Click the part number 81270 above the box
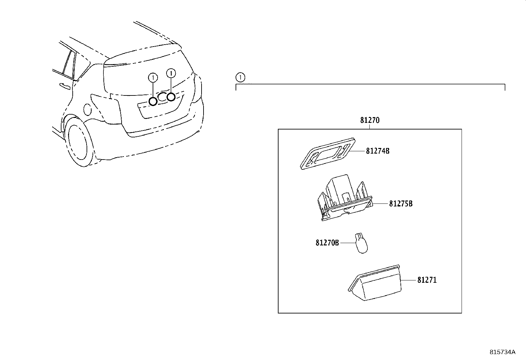pos(370,121)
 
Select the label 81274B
pos(378,151)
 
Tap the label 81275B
pos(401,204)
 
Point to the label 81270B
pos(327,243)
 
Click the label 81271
pos(427,280)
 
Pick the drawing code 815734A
pos(502,352)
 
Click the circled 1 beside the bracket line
pos(241,78)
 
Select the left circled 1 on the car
pos(153,78)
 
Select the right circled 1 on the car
pos(171,73)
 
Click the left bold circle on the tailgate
pos(153,101)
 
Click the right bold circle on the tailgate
pos(171,97)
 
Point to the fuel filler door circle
pos(88,110)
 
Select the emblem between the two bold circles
pos(162,97)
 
